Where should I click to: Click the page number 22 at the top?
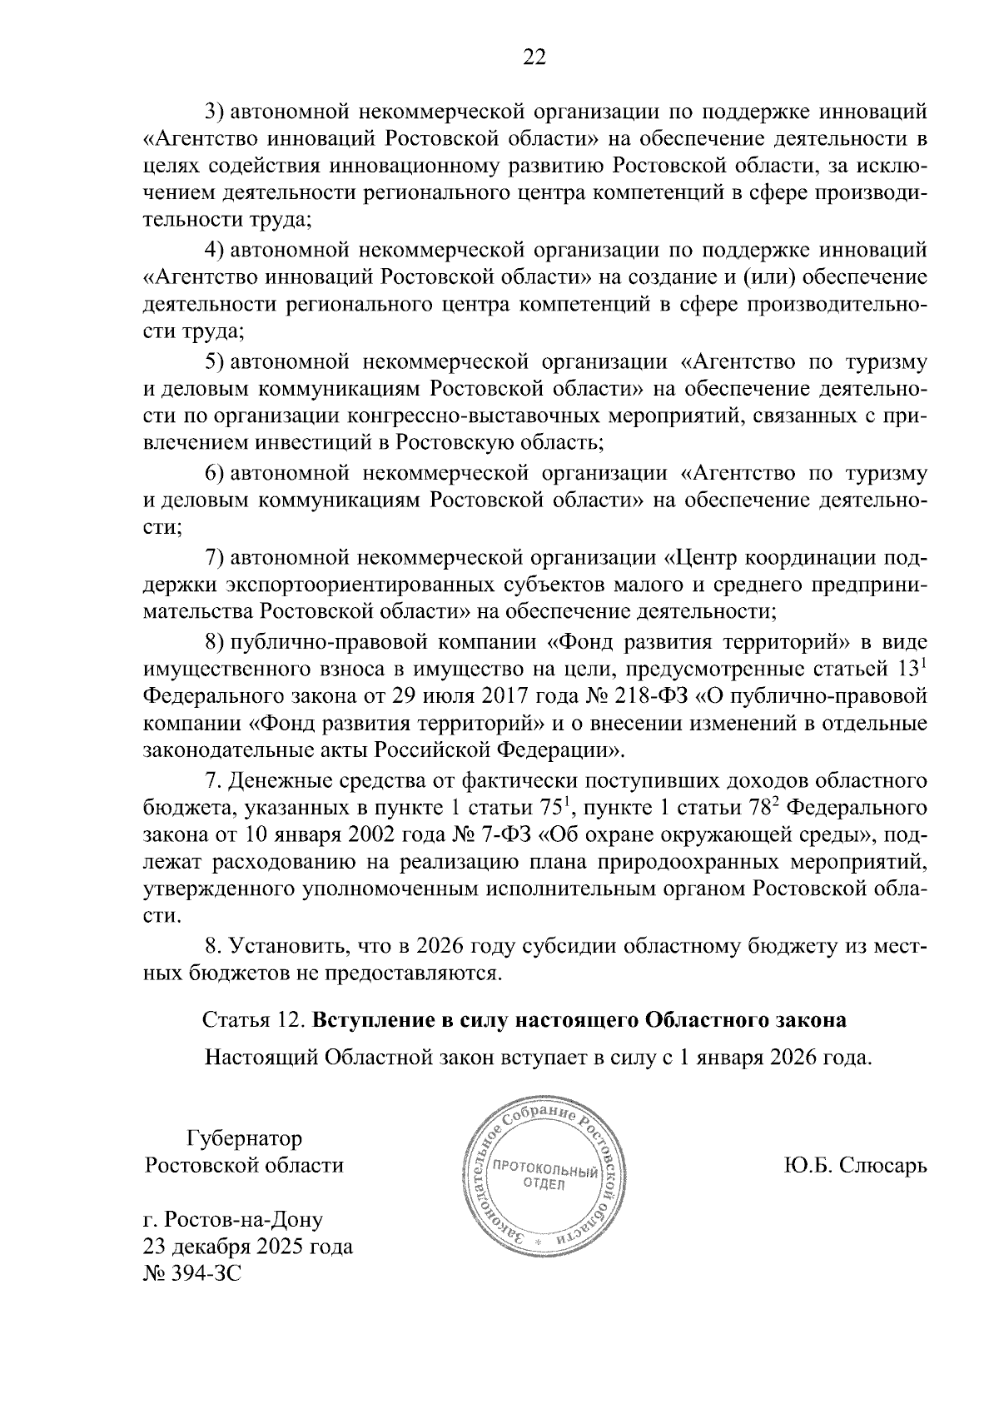click(x=533, y=57)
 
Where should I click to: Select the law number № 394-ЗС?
click(x=192, y=1273)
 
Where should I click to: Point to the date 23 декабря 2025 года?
click(x=248, y=1247)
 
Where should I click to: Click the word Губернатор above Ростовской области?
click(x=245, y=1138)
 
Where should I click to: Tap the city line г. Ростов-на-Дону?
click(x=233, y=1219)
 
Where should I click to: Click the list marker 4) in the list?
click(x=215, y=249)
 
